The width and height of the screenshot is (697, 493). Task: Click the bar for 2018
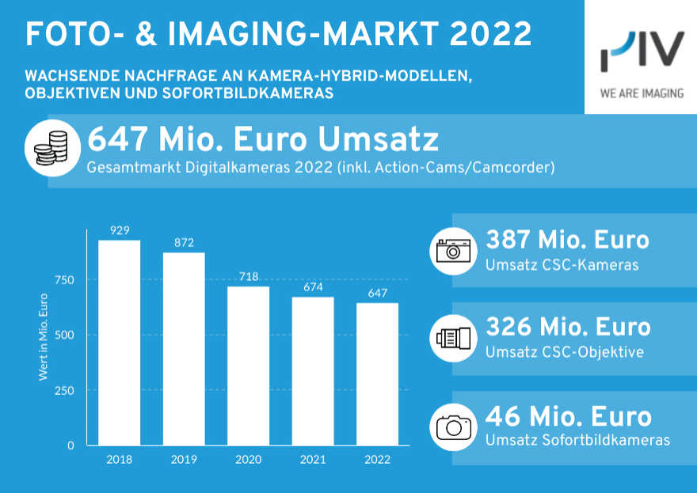click(x=119, y=342)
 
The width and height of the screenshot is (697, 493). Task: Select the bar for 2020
click(x=249, y=365)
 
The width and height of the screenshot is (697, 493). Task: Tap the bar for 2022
click(x=378, y=374)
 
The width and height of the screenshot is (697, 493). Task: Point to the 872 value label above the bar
click(x=184, y=242)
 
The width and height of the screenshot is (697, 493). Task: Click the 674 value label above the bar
click(x=313, y=286)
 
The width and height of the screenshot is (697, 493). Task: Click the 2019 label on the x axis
click(x=184, y=459)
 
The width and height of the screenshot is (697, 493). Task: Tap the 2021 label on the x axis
click(x=313, y=459)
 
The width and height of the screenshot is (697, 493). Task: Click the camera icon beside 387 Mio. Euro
click(x=454, y=250)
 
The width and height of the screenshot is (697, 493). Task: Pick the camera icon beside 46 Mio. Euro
click(x=454, y=427)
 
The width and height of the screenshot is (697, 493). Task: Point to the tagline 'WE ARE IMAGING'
click(x=642, y=93)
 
